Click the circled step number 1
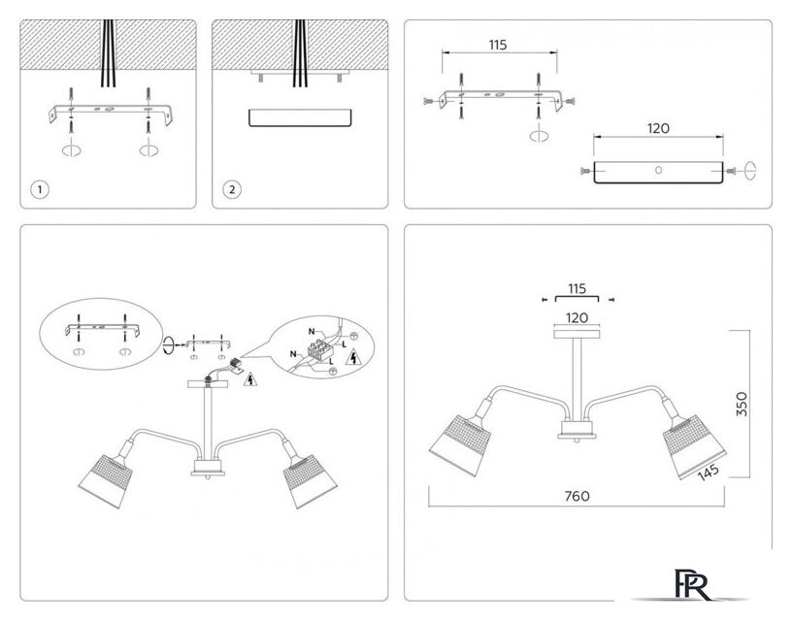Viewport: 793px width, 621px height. (39, 189)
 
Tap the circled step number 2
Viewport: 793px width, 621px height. (231, 189)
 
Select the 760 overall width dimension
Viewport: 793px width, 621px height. (577, 496)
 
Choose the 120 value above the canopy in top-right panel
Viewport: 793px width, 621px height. (657, 128)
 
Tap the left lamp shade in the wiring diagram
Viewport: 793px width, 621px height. (103, 474)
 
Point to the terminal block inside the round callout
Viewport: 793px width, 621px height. (318, 344)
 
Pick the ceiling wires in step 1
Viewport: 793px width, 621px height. (108, 53)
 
